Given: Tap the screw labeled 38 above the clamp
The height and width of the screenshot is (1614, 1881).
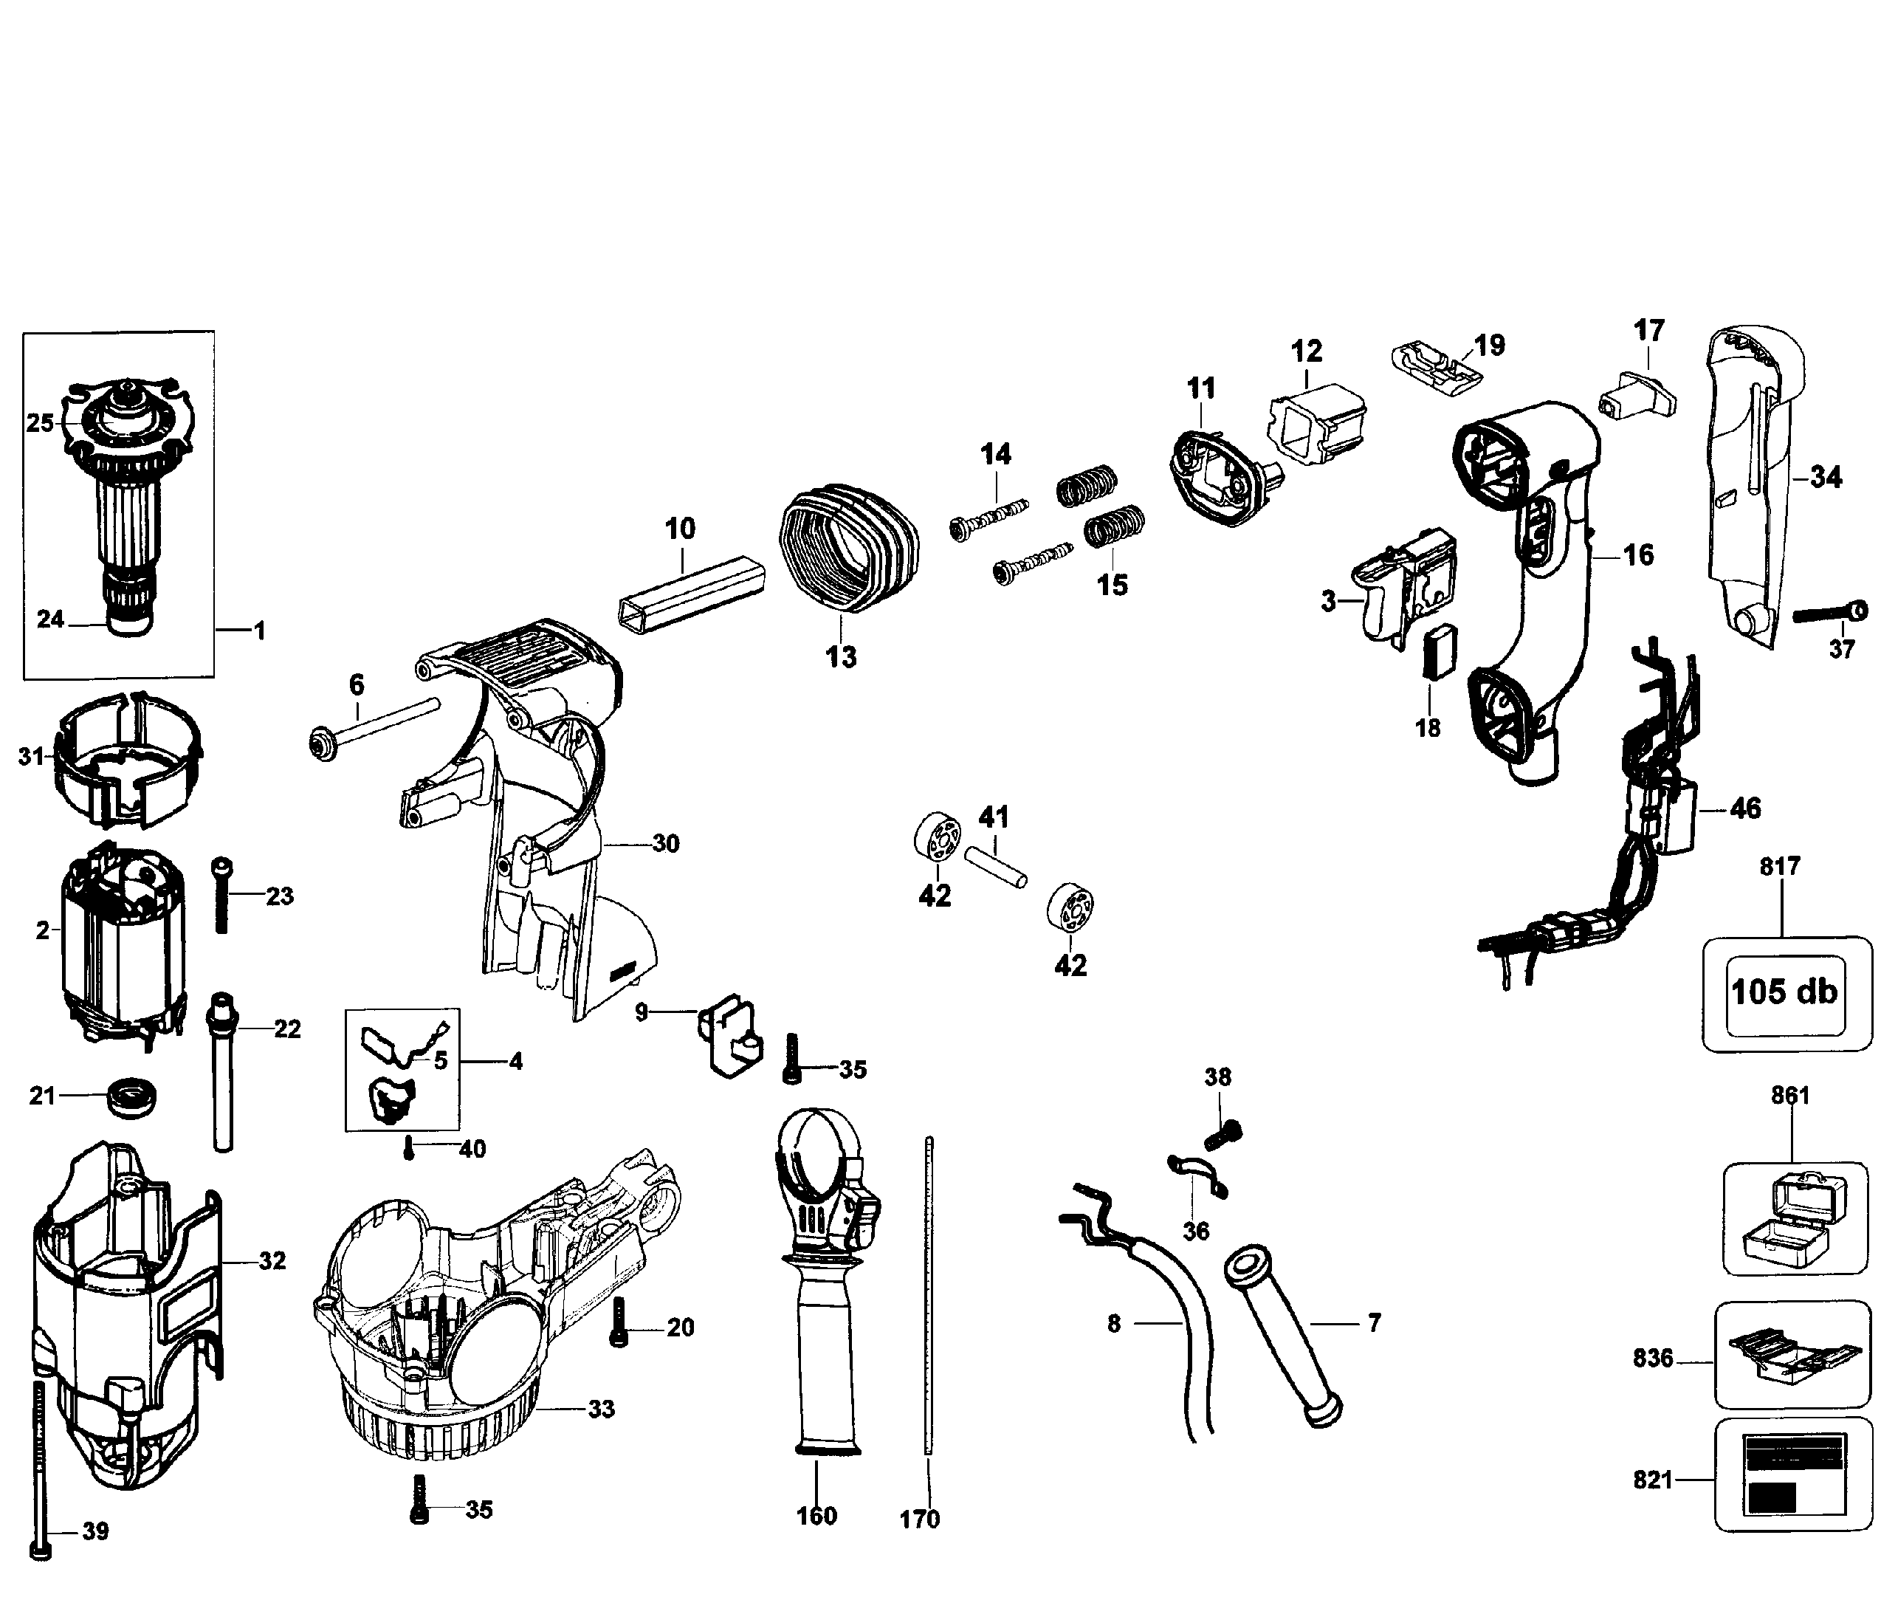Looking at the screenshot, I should point(1222,1131).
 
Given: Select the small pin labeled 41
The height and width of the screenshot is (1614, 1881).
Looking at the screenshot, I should point(996,867).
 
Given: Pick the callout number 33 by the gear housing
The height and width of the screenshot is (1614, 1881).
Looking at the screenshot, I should point(601,1408).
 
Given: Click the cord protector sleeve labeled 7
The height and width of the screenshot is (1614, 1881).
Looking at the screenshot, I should point(1283,1338).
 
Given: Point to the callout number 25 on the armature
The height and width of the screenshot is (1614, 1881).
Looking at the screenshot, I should point(40,423).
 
